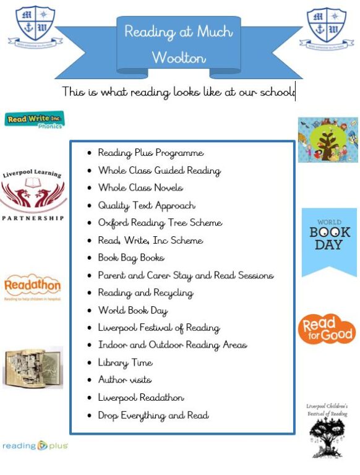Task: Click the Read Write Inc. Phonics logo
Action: coord(34,119)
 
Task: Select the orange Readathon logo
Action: coord(32,287)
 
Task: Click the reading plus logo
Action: coord(35,445)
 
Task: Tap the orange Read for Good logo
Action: coord(327,328)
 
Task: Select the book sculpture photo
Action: coord(32,367)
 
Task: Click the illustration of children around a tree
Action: coord(328,140)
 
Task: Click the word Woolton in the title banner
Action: coord(179,58)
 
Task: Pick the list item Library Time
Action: coord(125,362)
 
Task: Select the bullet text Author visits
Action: coord(124,380)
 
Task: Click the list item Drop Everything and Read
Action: coord(153,415)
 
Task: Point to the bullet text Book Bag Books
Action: coord(131,257)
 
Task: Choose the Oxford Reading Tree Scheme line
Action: coord(160,223)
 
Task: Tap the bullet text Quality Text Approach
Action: coord(147,205)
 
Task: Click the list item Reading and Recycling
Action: coord(145,293)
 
